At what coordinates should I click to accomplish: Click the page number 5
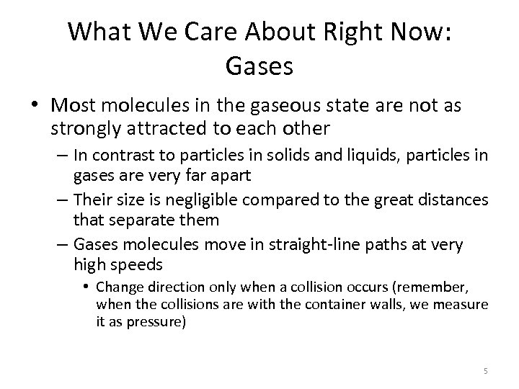pyautogui.click(x=486, y=371)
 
